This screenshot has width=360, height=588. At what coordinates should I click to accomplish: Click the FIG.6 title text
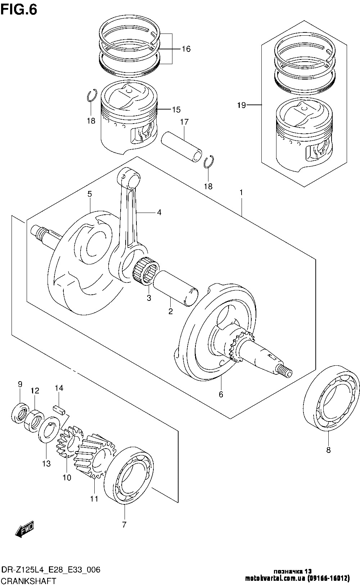click(19, 10)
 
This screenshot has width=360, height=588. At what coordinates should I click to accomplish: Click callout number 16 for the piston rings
click(186, 49)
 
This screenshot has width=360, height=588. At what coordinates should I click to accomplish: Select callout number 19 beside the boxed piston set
click(242, 105)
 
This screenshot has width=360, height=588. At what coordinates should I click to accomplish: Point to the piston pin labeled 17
click(181, 147)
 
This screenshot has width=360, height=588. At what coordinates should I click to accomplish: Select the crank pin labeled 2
click(176, 288)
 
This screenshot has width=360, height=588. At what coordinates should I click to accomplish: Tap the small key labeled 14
click(59, 410)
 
